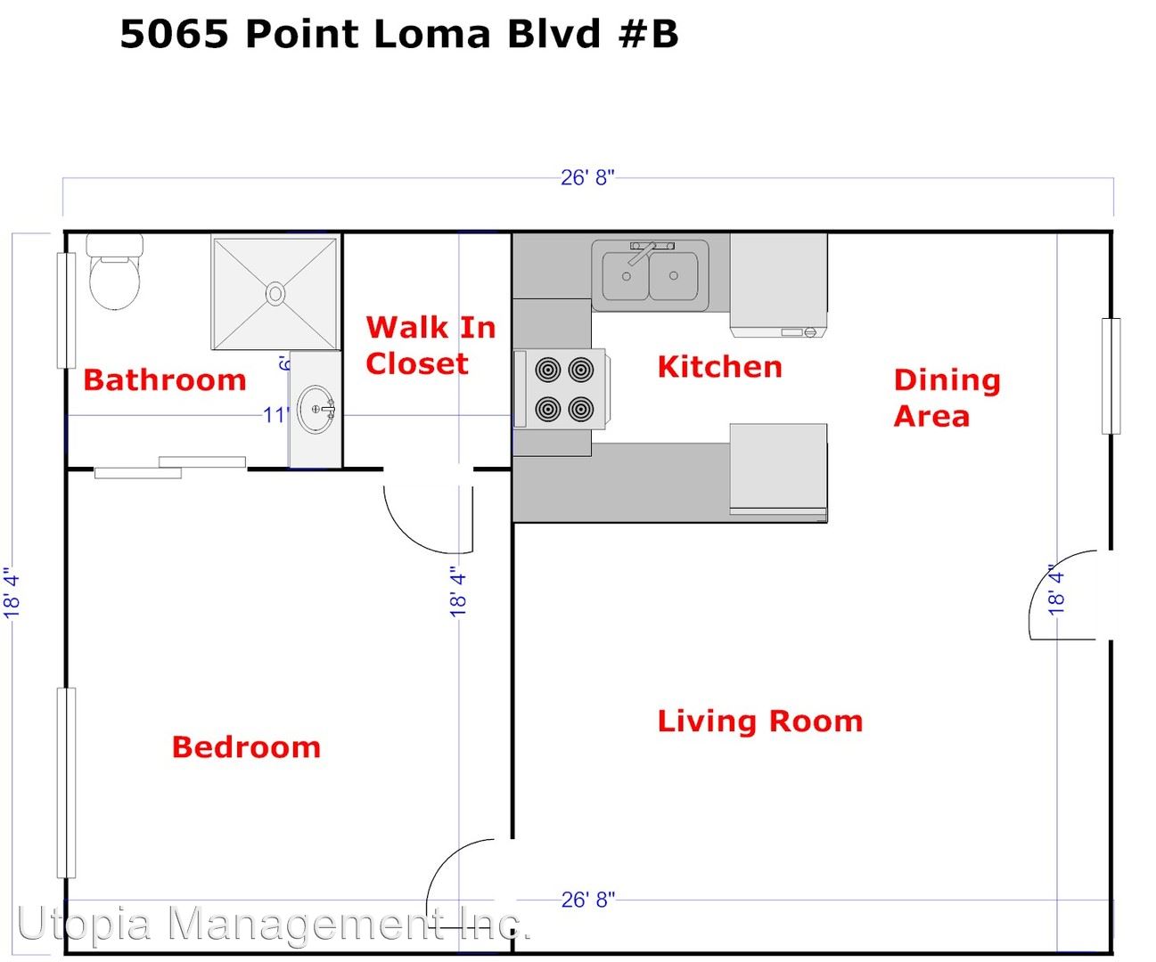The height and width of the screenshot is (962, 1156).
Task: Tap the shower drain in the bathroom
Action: click(x=275, y=293)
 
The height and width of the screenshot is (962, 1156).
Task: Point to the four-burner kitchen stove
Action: click(x=562, y=389)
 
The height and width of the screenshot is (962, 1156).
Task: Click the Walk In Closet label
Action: click(x=430, y=346)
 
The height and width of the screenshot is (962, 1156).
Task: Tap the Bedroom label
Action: click(x=246, y=746)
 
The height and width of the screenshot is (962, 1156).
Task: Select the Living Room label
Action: click(x=759, y=721)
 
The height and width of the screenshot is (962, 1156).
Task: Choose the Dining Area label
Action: click(x=947, y=398)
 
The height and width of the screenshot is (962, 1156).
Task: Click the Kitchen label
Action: click(x=720, y=367)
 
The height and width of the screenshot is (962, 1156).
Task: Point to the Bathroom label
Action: click(x=164, y=380)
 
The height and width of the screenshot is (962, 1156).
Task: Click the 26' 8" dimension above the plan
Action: click(x=587, y=177)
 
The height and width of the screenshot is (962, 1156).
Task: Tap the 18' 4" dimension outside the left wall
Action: click(x=12, y=592)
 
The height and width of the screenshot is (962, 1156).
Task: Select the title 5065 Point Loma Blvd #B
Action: click(x=398, y=35)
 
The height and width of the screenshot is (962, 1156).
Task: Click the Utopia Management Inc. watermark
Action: click(x=274, y=923)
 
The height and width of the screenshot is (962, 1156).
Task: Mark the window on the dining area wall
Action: click(x=1111, y=376)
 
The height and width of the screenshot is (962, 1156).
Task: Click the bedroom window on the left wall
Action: click(x=67, y=783)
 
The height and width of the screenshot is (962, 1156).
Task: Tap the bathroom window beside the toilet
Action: click(x=67, y=310)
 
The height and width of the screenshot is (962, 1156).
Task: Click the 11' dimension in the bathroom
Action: click(x=275, y=415)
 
